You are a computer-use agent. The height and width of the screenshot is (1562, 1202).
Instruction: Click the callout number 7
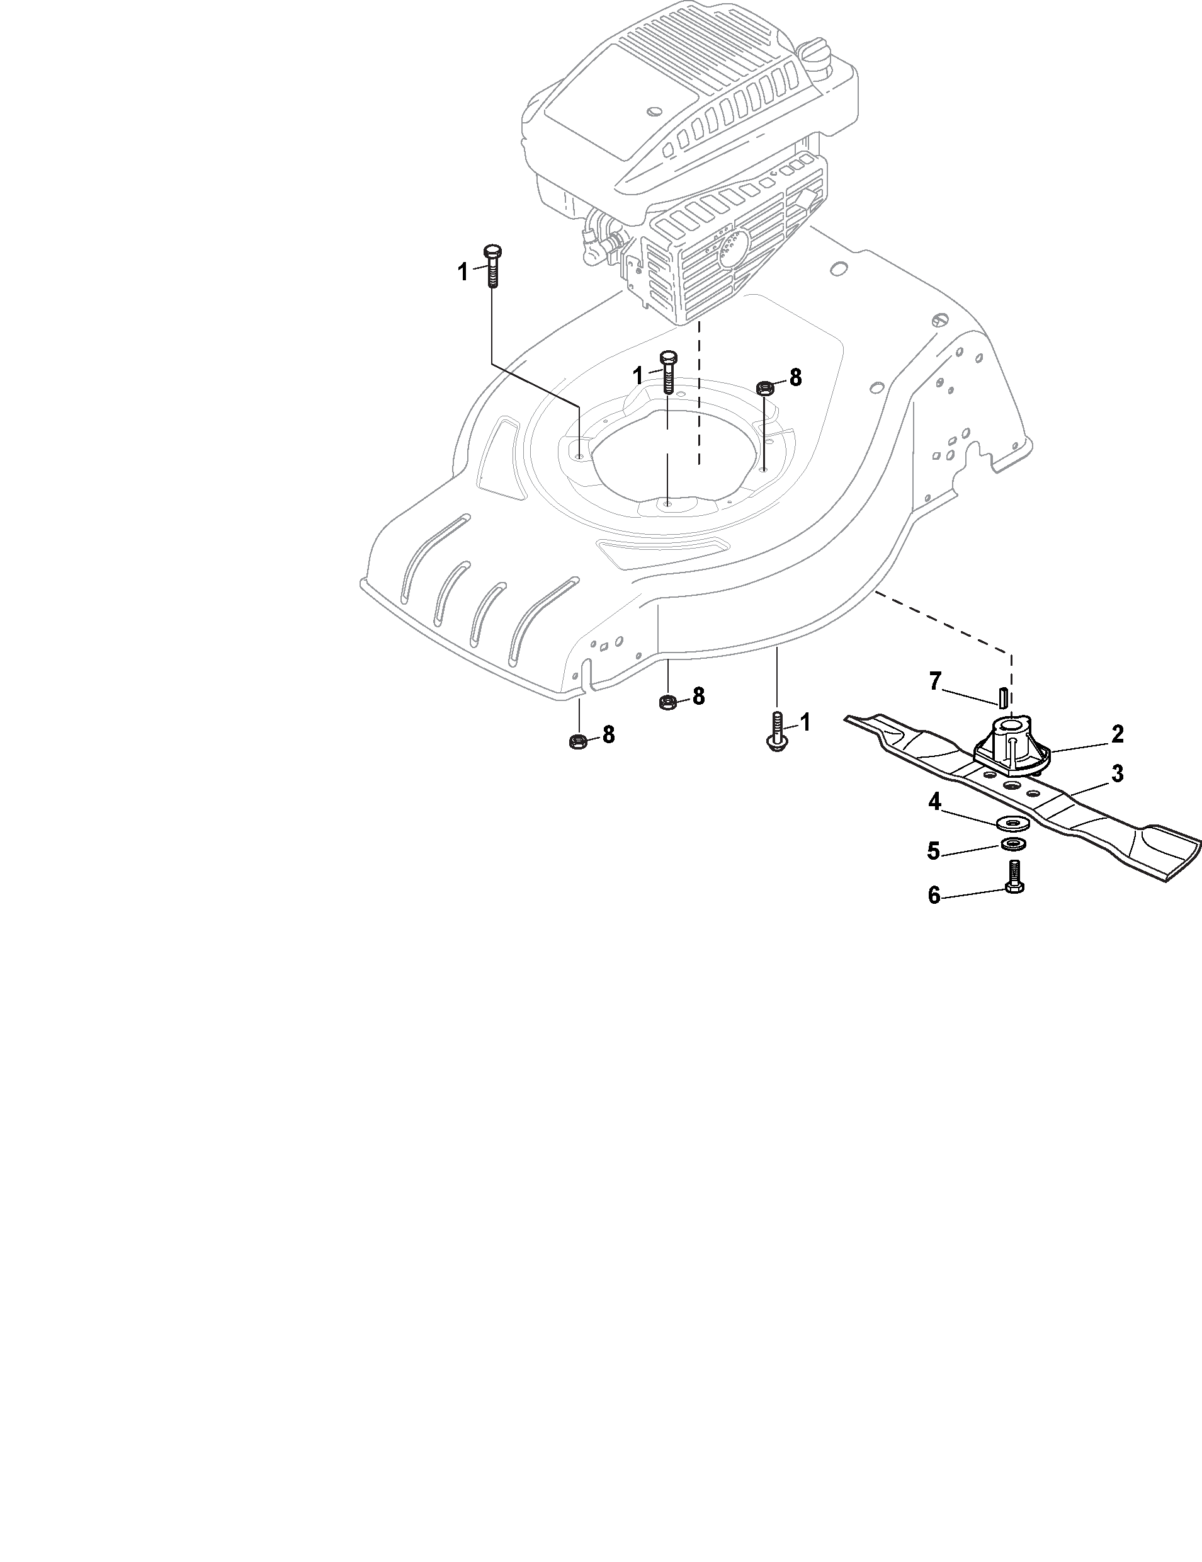(934, 681)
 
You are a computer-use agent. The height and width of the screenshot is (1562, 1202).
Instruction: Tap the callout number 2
(1118, 733)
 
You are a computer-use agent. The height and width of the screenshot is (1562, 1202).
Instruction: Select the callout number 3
(1117, 773)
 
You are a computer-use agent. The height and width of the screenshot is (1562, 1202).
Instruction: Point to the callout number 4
(934, 802)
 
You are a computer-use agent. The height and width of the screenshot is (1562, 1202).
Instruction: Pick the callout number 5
(933, 851)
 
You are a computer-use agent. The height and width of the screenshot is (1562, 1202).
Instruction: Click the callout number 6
(934, 895)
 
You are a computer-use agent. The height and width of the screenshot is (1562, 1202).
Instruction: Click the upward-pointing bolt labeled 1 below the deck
(776, 732)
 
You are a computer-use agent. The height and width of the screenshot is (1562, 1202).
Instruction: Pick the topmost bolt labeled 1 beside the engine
(492, 265)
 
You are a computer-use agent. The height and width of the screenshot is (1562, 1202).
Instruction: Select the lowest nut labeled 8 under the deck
(575, 741)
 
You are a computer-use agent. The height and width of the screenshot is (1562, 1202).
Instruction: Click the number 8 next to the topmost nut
(795, 378)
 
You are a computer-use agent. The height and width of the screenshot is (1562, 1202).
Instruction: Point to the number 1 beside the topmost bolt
(463, 272)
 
